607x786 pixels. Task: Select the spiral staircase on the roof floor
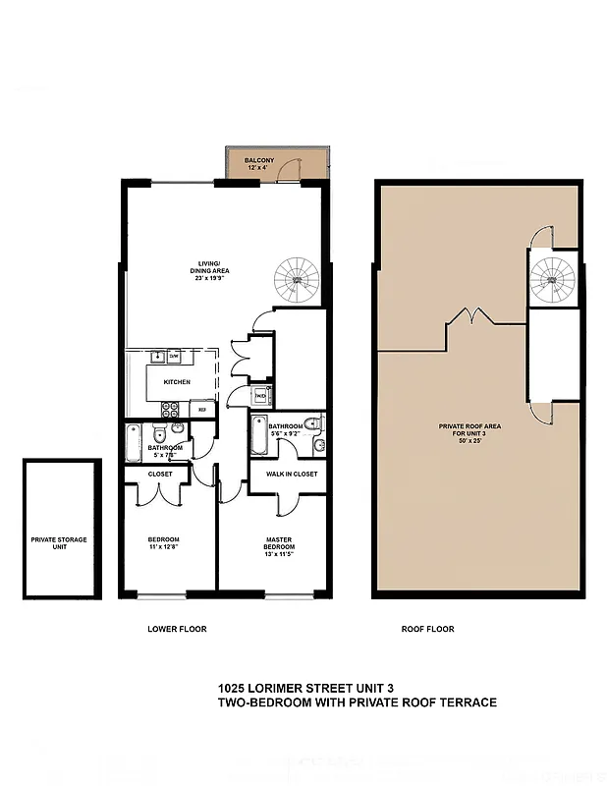552,277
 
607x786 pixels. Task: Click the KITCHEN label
177,382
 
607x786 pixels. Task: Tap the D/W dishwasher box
174,356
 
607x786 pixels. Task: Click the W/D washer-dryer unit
261,397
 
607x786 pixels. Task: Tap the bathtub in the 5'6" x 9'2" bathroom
258,436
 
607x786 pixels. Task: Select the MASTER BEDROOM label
279,542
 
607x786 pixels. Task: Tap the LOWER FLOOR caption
177,629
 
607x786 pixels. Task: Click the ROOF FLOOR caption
428,629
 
